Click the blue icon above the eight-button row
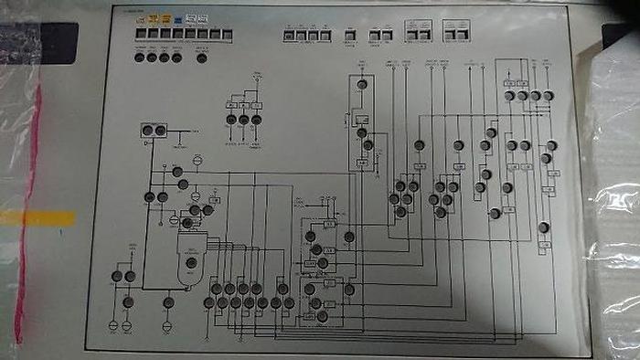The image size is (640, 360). [189, 18]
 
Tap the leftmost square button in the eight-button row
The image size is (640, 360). [140, 34]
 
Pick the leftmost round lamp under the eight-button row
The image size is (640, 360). [140, 58]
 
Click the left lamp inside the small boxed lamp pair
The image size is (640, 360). [148, 131]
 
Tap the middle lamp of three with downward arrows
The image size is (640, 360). [244, 119]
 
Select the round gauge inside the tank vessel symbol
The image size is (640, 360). [191, 263]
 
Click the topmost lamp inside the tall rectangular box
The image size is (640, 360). [361, 85]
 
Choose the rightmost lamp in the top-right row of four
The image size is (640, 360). [549, 95]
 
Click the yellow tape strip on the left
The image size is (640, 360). [37, 218]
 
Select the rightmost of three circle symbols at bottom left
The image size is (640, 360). [166, 324]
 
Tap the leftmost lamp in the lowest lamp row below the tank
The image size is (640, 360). [208, 302]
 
